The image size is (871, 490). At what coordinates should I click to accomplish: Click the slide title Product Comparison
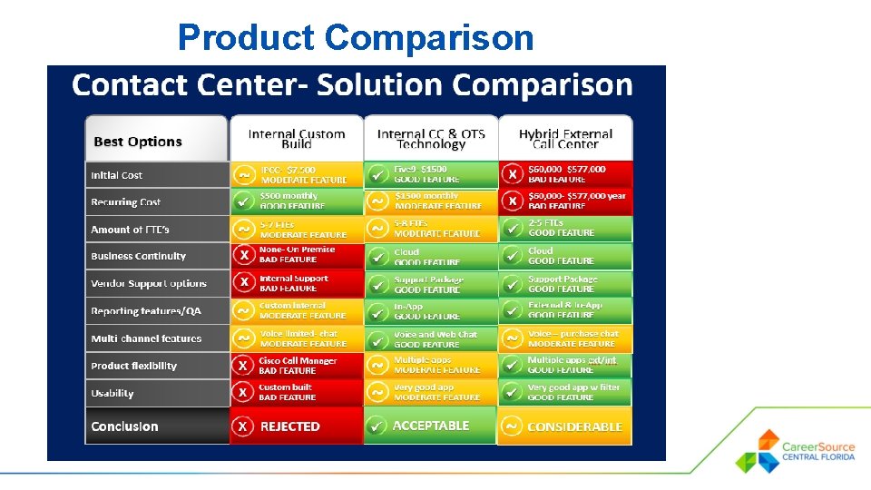click(356, 38)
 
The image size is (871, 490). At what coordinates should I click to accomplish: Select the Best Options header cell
click(156, 141)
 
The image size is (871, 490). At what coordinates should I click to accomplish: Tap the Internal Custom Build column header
click(297, 139)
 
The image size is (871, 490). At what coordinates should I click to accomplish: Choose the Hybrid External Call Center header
click(564, 139)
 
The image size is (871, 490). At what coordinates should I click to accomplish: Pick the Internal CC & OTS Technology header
click(431, 139)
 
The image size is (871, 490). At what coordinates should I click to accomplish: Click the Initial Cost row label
click(156, 175)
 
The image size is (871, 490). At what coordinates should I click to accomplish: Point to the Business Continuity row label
click(156, 256)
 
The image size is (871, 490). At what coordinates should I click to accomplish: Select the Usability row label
click(156, 393)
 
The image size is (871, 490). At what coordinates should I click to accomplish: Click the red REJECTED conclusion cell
click(296, 426)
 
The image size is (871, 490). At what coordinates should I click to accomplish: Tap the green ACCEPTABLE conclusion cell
click(430, 426)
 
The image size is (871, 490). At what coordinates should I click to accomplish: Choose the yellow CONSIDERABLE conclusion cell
click(564, 426)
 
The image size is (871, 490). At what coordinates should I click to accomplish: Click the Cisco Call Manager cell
click(296, 365)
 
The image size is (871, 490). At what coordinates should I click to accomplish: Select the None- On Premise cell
click(296, 255)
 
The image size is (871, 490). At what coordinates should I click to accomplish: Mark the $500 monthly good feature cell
click(296, 201)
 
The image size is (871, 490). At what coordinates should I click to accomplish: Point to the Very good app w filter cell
click(564, 392)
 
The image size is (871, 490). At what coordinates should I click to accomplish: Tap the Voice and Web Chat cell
click(430, 338)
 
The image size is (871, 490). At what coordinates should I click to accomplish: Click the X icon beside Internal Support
click(243, 283)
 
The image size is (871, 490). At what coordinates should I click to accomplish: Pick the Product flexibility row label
click(156, 366)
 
